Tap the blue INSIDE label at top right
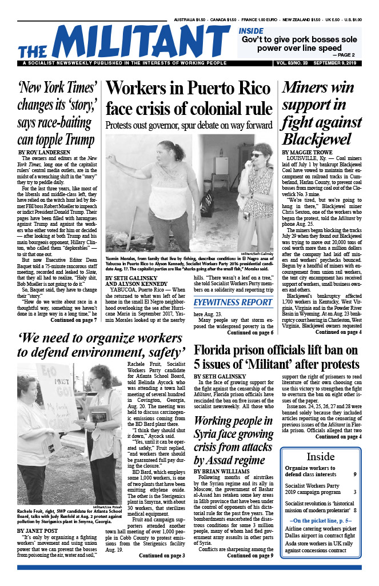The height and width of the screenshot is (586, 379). pos(251,30)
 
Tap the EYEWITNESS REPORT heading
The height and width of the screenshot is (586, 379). pos(233,302)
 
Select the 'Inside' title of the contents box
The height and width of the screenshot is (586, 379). pos(321,457)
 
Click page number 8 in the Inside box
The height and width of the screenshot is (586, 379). pos(355,507)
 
